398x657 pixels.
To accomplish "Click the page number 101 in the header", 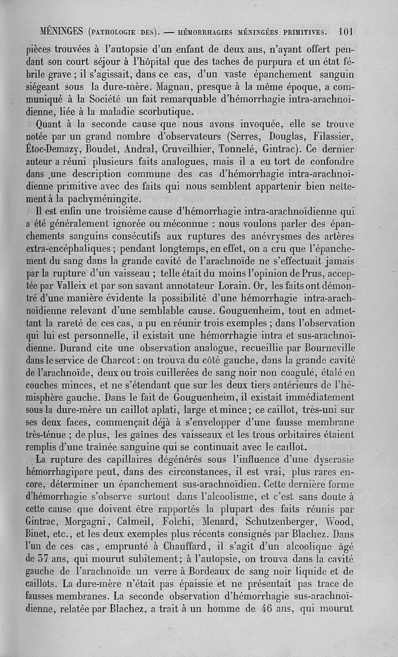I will pos(345,32).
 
